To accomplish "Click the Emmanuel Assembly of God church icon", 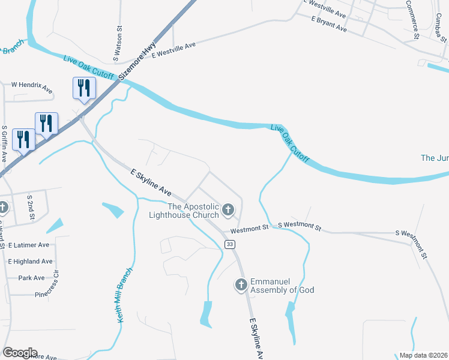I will click(241, 284).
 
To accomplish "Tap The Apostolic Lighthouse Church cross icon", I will click(228, 209).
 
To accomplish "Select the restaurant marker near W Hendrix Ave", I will click(84, 88).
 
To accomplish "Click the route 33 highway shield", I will click(229, 244).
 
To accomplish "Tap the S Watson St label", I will click(119, 44).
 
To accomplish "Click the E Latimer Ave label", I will click(29, 245).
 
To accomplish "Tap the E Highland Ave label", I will click(30, 262).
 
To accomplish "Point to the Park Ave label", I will click(31, 278).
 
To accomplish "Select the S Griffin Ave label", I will click(4, 145).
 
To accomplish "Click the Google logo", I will click(20, 353).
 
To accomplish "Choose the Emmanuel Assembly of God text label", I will click(282, 286).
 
